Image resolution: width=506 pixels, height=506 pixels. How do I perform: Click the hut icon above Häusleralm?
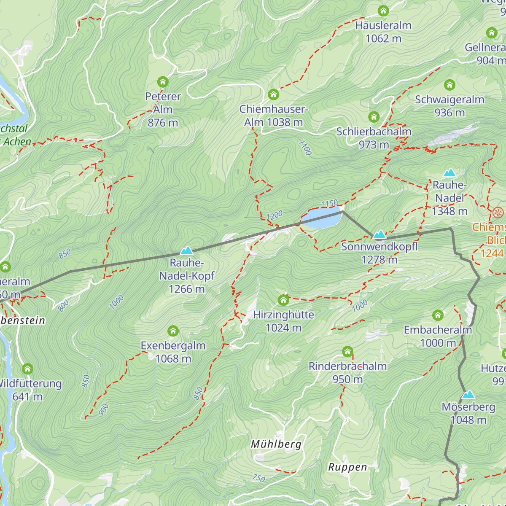pos(383,11)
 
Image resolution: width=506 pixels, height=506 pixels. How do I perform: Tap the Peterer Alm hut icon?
pos(163,82)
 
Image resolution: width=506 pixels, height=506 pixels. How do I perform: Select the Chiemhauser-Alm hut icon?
pos(273,94)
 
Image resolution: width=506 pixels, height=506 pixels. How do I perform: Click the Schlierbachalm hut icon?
pos(374,117)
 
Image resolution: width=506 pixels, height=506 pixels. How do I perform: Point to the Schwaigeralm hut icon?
pos(449,85)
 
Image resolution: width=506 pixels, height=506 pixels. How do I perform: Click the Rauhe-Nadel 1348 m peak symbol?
pos(449,172)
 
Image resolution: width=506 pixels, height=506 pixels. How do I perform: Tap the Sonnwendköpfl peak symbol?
pos(379,234)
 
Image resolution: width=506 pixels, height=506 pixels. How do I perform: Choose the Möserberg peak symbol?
pos(468,395)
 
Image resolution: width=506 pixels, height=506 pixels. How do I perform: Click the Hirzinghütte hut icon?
pos(283,300)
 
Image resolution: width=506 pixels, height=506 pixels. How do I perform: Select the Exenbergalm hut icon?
pos(173,331)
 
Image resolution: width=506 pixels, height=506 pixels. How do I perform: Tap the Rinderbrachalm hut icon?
pos(347,351)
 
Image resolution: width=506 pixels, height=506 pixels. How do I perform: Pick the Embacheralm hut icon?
pos(438,315)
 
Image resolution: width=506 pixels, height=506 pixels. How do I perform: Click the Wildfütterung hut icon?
pos(27,369)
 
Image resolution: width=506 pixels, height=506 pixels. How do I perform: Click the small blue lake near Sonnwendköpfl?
pos(320,219)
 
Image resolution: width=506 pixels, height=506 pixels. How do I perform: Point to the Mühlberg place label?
pos(276,444)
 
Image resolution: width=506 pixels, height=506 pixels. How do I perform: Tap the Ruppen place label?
pos(347,467)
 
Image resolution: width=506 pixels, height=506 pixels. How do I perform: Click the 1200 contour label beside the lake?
pos(275,215)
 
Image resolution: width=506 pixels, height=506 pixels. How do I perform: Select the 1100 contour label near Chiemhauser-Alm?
pos(305,148)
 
